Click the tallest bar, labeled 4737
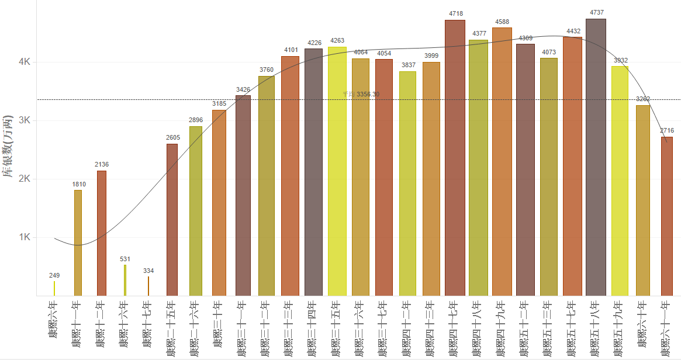pos(596,158)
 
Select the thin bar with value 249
pos(54,288)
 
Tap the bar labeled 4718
pos(455,158)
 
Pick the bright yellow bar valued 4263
pos(337,171)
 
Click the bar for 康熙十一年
pos(78,243)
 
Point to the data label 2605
pos(172,138)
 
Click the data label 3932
pos(620,60)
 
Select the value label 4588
pos(502,22)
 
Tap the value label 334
pos(148,271)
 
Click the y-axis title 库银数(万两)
pos(8,146)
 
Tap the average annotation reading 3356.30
pos(361,94)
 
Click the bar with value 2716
pos(666,216)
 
